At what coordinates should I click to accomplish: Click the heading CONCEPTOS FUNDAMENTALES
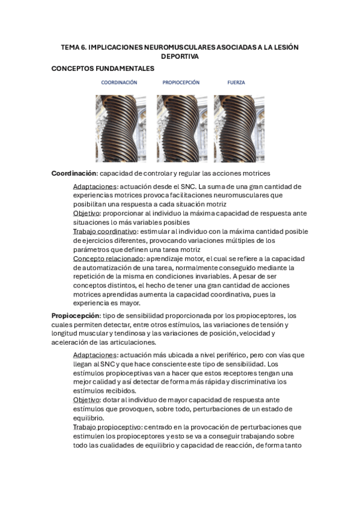(x=103, y=69)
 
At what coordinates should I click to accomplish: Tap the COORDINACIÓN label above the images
(x=119, y=82)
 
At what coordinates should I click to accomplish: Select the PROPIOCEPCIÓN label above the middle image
(x=181, y=82)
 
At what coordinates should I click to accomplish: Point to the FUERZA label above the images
(x=236, y=82)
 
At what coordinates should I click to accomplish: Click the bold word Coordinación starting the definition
(x=74, y=173)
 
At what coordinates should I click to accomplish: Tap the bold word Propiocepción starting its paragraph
(x=75, y=316)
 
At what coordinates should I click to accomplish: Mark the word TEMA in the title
(x=72, y=46)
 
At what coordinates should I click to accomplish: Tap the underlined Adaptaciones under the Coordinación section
(x=94, y=187)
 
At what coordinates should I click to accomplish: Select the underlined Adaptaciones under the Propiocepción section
(x=94, y=355)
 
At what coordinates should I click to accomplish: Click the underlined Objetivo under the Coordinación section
(x=87, y=214)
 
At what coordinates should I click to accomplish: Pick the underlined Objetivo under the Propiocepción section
(x=87, y=400)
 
